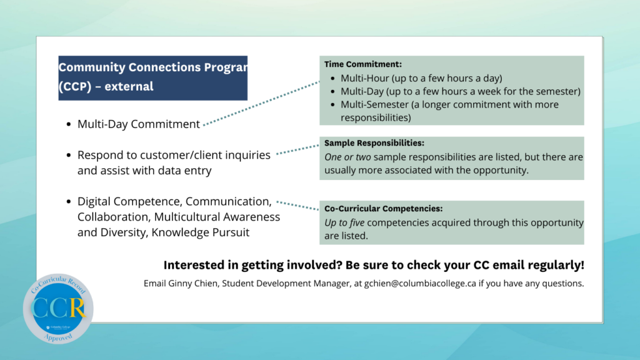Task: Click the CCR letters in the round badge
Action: click(x=58, y=308)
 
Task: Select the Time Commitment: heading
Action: click(x=362, y=64)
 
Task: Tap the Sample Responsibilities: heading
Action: click(x=374, y=143)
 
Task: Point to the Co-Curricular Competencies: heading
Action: click(x=383, y=208)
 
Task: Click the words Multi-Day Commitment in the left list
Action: click(x=138, y=124)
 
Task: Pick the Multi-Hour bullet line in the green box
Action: click(x=421, y=78)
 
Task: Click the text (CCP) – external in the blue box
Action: click(x=106, y=86)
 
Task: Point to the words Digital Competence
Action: click(x=128, y=201)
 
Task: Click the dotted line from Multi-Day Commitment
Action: click(x=262, y=104)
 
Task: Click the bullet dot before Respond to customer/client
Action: click(x=68, y=156)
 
